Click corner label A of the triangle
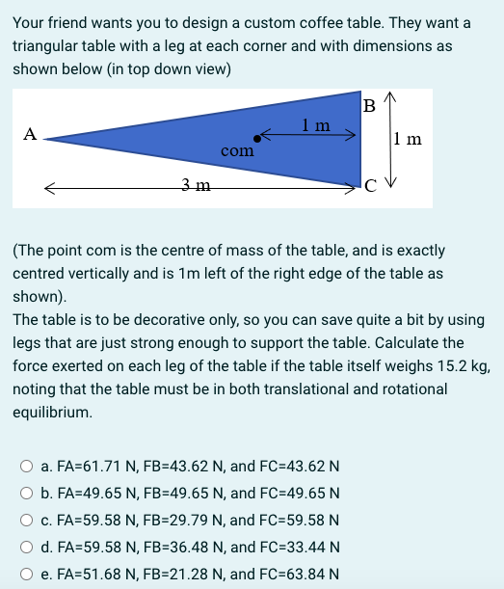30,134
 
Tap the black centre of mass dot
255,138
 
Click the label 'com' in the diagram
237,151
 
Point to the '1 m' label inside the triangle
315,124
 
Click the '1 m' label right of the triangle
408,139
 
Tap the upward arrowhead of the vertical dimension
389,97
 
